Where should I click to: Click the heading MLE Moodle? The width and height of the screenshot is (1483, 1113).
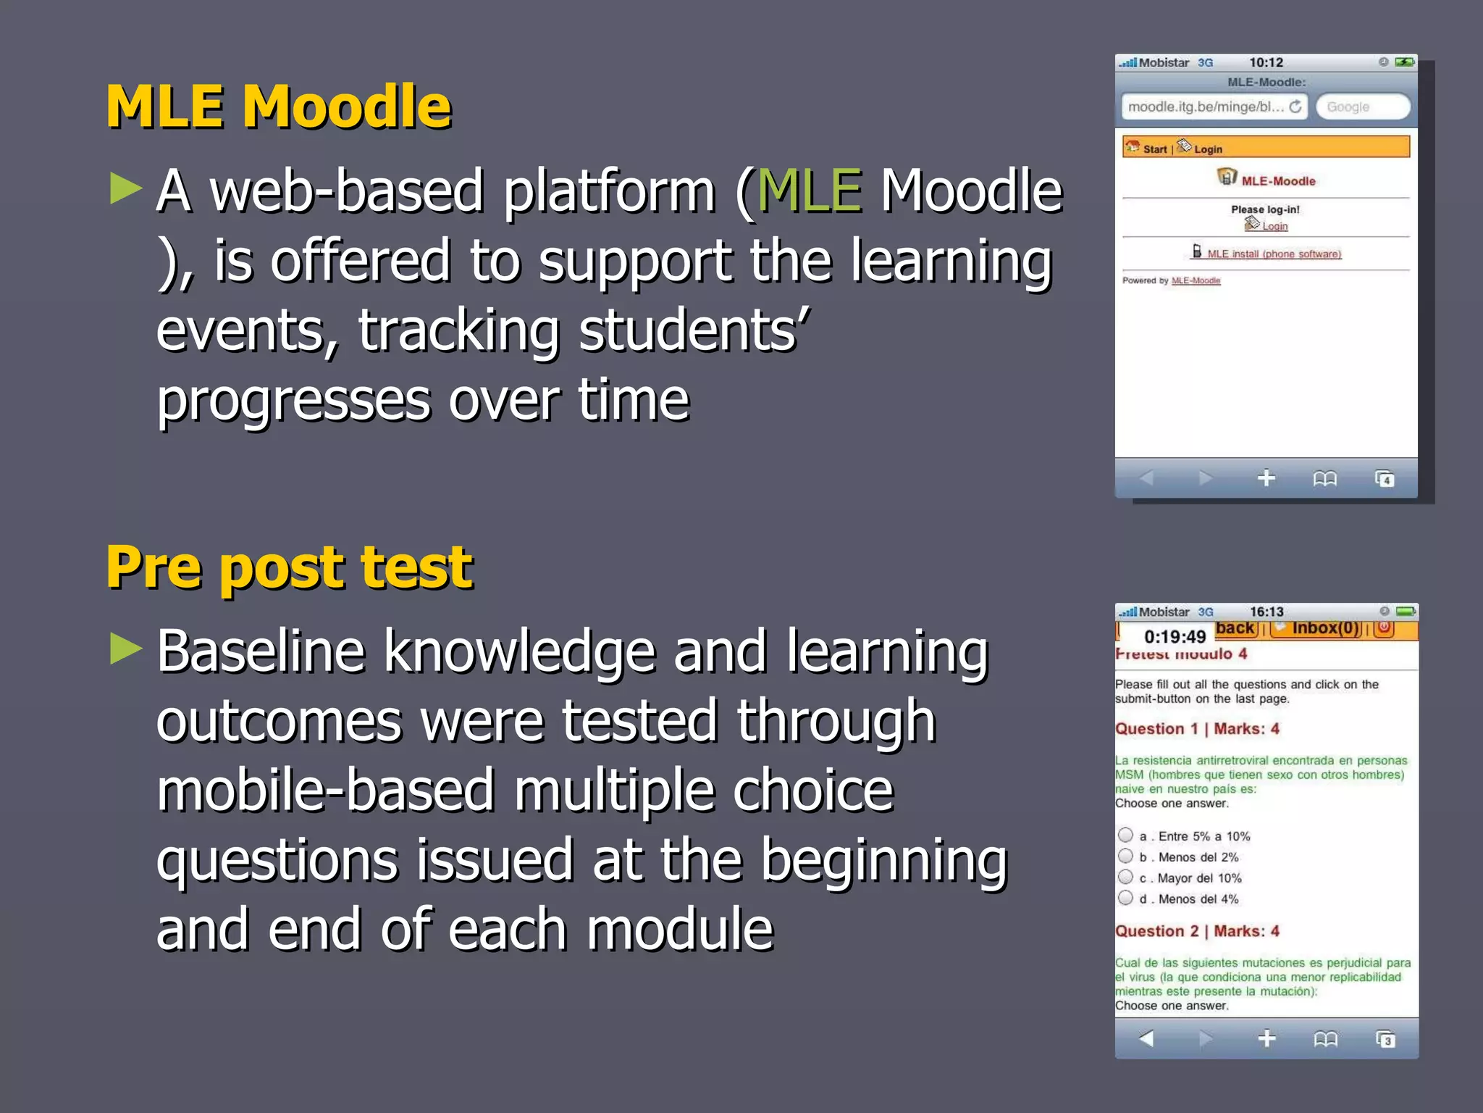tap(279, 107)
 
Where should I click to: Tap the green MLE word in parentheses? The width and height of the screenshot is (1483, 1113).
tap(810, 191)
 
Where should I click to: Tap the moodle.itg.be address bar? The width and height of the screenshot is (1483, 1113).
tap(1206, 107)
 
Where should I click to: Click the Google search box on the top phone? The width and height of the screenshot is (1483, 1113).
tap(1361, 107)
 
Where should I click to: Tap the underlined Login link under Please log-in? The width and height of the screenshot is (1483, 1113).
tap(1274, 226)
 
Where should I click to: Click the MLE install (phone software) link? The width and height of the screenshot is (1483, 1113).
tap(1274, 254)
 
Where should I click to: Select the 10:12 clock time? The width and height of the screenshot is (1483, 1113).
tap(1266, 63)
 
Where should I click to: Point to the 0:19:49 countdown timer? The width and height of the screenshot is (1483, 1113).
tap(1175, 637)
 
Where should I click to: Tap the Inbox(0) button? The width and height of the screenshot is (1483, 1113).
tap(1325, 628)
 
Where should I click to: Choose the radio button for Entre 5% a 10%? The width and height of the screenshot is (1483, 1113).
tap(1125, 835)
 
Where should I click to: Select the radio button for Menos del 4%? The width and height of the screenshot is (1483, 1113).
tap(1125, 898)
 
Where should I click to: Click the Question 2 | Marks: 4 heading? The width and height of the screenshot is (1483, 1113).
tap(1197, 931)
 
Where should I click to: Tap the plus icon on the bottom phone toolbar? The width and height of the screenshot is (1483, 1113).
tap(1266, 1038)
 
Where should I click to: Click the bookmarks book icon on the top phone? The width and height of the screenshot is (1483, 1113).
tap(1324, 479)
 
